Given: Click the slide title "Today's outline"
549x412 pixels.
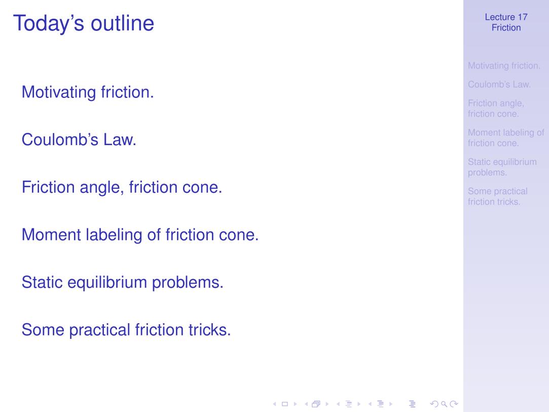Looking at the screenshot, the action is (84, 23).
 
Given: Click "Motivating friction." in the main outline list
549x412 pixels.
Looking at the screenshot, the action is (88, 92).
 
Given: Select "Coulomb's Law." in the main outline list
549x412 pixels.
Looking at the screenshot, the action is (79, 140).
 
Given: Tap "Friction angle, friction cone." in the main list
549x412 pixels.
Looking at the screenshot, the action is (122, 187).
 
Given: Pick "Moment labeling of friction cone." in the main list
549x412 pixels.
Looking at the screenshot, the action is (140, 235).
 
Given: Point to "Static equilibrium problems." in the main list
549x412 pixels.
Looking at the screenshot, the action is (123, 283).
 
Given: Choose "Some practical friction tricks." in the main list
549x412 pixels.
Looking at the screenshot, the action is (126, 330).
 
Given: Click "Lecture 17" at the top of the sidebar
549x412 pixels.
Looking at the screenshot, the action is (506, 17).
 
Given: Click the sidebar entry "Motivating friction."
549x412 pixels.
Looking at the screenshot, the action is (504, 65).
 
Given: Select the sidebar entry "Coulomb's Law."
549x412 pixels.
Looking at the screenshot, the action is (499, 84).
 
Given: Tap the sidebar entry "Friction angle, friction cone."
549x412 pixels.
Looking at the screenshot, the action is (496, 108).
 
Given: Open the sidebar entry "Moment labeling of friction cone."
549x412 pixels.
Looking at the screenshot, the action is (506, 138).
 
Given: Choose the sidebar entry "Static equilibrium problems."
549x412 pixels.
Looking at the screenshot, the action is (502, 167).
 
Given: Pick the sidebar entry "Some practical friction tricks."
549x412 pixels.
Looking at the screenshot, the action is (498, 196).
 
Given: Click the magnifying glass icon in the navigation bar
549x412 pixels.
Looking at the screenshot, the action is (444, 404).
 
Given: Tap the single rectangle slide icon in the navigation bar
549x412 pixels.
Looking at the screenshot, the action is (285, 404).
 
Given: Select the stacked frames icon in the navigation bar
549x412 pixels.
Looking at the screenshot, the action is (316, 404).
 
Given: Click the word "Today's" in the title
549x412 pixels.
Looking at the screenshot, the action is (49, 23).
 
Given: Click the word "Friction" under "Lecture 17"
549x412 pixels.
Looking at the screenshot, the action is (506, 28).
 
